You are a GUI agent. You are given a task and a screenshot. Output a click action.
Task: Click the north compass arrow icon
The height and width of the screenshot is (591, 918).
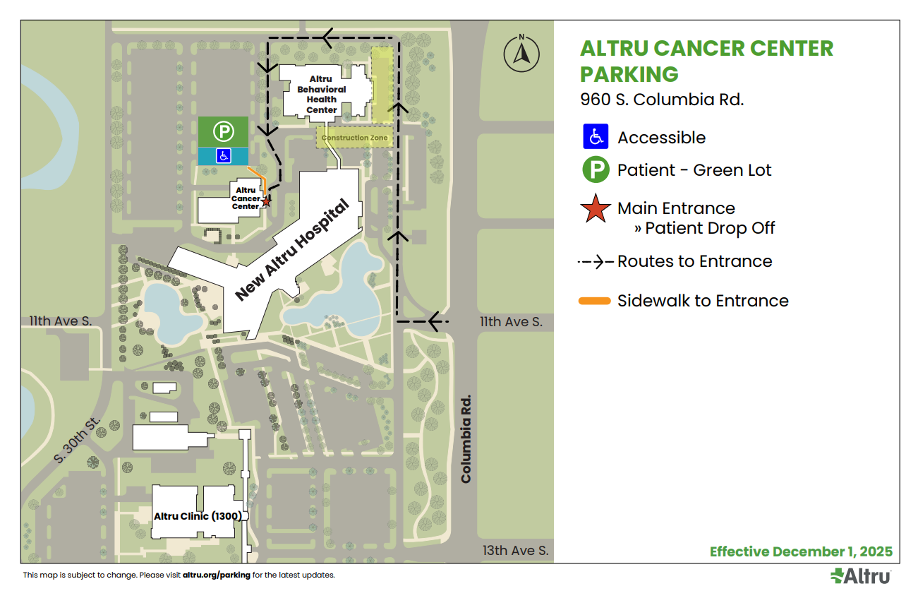tap(521, 54)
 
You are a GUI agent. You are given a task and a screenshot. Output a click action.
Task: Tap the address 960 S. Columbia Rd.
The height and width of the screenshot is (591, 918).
tap(662, 100)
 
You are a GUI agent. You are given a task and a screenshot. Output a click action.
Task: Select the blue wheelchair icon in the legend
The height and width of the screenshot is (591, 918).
tap(596, 136)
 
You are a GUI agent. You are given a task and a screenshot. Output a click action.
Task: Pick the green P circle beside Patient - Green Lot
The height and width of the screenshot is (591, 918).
tap(596, 170)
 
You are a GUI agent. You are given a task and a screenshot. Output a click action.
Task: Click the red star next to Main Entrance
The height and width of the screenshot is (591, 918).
tap(596, 209)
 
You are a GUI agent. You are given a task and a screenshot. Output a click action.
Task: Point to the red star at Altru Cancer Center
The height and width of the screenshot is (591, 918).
tap(266, 202)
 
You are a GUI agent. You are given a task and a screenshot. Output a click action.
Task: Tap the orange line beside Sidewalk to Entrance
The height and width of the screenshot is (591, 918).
tap(594, 302)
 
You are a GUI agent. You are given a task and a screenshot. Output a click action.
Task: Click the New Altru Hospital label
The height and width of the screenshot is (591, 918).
tap(292, 251)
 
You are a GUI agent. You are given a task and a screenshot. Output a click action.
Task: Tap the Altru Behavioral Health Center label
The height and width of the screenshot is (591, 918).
tap(321, 95)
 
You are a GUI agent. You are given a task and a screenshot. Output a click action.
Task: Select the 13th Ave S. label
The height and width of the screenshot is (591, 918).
tap(515, 551)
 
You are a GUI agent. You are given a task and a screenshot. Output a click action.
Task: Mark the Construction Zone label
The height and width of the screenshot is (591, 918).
tap(355, 138)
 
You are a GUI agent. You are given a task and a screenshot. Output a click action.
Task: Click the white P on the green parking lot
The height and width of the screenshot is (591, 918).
tap(223, 131)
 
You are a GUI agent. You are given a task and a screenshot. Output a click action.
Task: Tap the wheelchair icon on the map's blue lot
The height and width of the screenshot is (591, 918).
tap(222, 156)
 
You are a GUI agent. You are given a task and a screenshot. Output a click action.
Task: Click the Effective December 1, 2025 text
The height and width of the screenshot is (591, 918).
tap(801, 551)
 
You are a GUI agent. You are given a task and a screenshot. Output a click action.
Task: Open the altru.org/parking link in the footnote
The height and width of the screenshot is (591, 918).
tap(216, 575)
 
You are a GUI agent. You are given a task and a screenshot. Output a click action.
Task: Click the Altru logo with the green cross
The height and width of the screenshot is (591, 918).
tap(860, 576)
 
